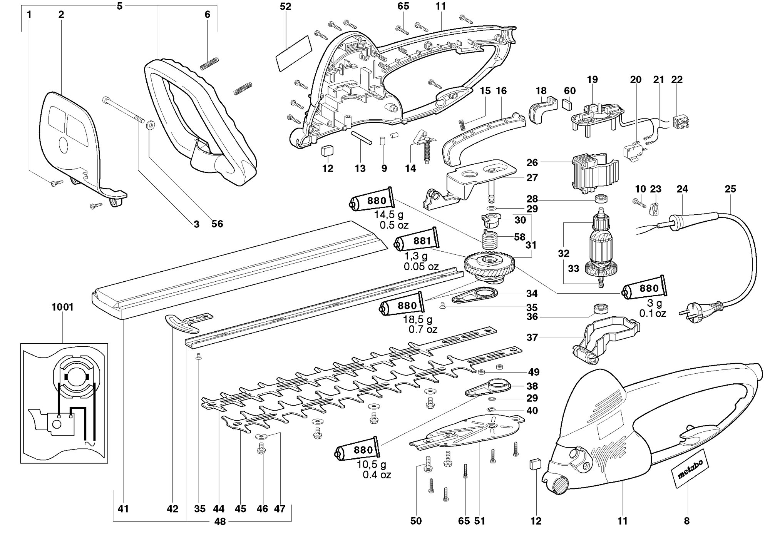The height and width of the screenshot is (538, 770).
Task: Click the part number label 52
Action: point(285,7)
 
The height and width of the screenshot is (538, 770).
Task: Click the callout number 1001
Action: point(62,307)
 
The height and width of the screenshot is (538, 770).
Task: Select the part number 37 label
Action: point(532,338)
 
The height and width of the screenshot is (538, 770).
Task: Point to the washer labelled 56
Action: point(151,125)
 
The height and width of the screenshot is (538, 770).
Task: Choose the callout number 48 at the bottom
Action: point(220,522)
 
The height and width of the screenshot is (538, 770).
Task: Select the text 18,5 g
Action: point(418,319)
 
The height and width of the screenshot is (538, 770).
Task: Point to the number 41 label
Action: point(123,509)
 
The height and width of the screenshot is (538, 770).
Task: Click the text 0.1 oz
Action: point(653,314)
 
